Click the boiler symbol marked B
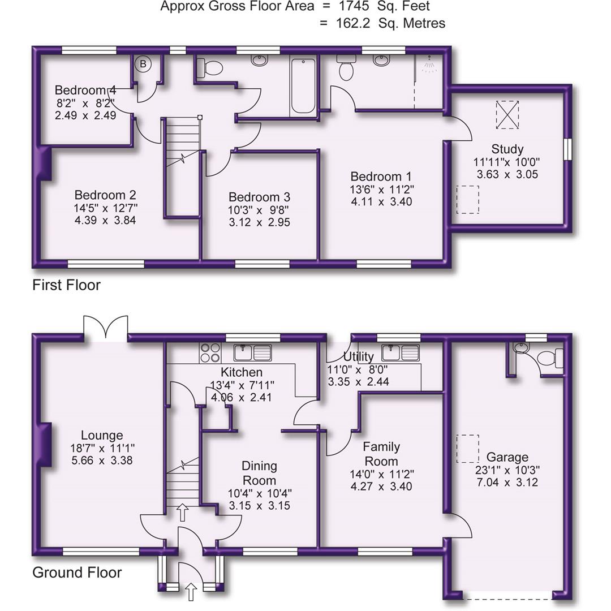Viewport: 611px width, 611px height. click(143, 64)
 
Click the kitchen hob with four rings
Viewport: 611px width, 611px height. click(210, 352)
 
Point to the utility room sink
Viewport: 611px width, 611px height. click(400, 353)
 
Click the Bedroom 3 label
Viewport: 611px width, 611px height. click(259, 197)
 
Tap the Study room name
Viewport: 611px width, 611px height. click(507, 149)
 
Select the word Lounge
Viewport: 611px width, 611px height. click(102, 435)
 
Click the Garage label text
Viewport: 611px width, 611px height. click(507, 457)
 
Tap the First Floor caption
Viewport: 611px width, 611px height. click(66, 285)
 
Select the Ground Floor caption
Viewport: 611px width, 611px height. click(77, 573)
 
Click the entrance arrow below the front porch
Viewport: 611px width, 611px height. click(191, 592)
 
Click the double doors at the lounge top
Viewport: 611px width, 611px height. click(106, 328)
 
